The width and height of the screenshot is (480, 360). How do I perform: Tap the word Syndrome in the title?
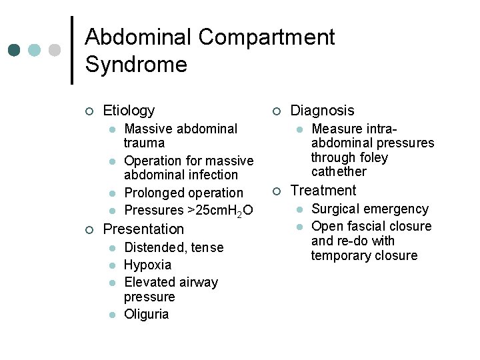tap(136, 65)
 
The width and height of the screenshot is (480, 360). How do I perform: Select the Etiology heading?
tap(129, 111)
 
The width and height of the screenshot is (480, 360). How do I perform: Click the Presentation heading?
tap(143, 229)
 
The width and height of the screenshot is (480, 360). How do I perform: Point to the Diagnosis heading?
tap(323, 111)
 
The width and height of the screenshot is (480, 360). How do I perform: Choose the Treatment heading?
tap(323, 191)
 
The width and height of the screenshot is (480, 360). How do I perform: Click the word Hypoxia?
tap(147, 265)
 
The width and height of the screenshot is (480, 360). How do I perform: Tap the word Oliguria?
tap(147, 314)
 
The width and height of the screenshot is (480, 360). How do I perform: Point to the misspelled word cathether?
tap(339, 172)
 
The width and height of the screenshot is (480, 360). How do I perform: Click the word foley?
tap(372, 157)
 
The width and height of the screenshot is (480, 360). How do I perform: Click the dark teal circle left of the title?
tap(13, 51)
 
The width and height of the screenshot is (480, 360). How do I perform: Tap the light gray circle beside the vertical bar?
tap(55, 51)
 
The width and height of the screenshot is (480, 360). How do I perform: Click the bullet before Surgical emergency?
tap(300, 209)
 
